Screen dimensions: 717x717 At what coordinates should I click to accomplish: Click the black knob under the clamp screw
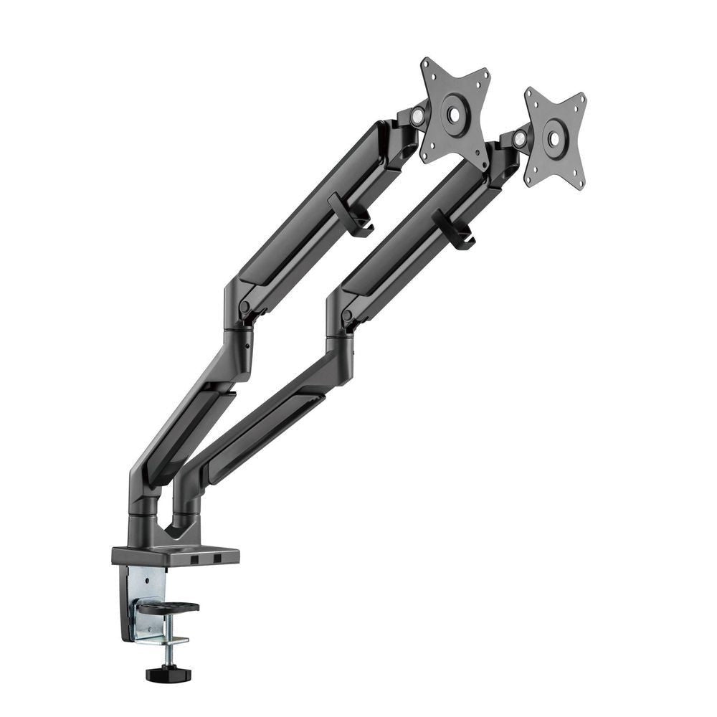(x=163, y=674)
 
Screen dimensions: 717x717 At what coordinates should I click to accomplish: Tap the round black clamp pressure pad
(x=168, y=608)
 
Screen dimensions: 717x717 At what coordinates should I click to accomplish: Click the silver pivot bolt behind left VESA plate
(x=417, y=115)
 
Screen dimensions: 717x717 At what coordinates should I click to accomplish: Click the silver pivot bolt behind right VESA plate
(x=518, y=138)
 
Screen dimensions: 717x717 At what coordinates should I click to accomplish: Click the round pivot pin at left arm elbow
(x=245, y=307)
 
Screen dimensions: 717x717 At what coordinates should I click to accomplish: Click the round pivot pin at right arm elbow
(x=348, y=315)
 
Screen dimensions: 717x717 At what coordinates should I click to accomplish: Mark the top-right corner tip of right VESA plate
(x=582, y=96)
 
